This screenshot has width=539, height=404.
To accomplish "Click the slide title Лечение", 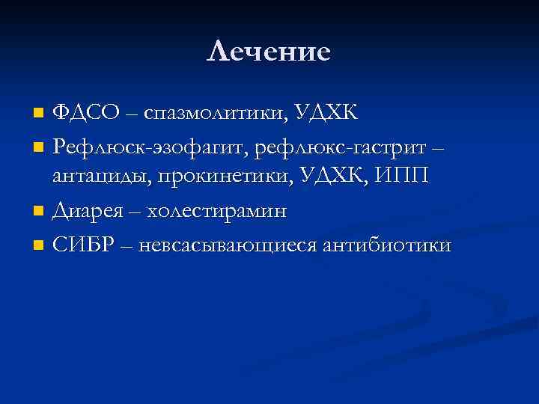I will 269,52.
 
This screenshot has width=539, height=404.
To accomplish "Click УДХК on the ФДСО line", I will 326,114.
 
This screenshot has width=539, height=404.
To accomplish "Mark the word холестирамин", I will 217,211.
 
